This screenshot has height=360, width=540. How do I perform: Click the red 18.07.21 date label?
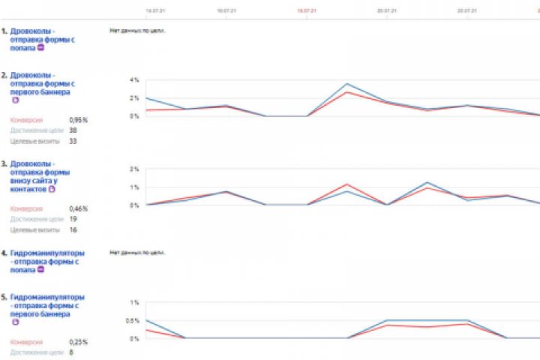(305, 11)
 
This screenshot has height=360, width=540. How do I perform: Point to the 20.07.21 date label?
(386, 11)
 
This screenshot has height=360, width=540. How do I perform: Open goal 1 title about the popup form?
(33, 39)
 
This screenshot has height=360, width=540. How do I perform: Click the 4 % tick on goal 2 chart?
(134, 79)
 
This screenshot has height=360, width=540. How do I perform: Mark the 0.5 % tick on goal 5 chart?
(133, 321)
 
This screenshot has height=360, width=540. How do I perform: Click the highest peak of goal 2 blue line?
(346, 84)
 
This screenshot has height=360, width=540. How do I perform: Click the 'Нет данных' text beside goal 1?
(137, 31)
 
